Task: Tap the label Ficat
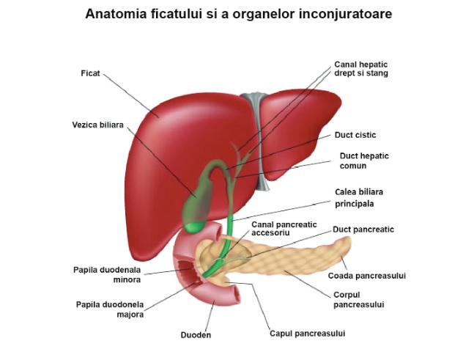coord(90,73)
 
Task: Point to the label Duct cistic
coord(355,135)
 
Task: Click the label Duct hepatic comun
coord(364,161)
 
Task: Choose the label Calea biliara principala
coord(358,197)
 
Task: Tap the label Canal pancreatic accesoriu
coord(276,228)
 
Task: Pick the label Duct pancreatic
coord(363,229)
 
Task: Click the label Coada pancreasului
coord(366,276)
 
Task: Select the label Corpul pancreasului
coord(359,299)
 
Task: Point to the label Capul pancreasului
coord(307,333)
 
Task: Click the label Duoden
coord(196,335)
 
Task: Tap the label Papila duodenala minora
coord(107,273)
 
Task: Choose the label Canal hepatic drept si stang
coord(361,69)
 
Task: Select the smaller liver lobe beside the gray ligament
coord(300,128)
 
